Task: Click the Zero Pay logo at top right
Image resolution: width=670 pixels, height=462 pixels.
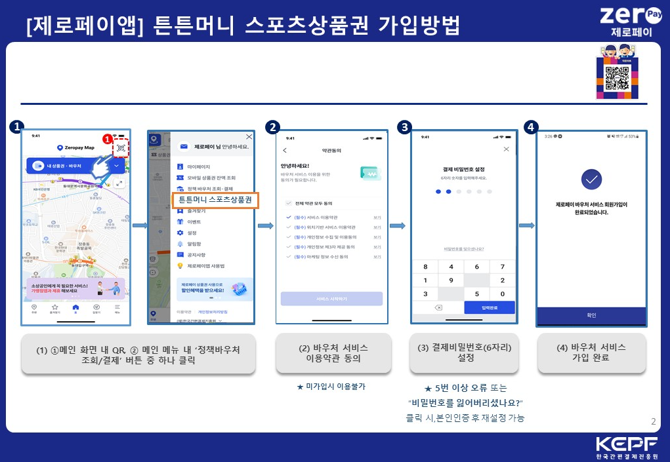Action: coord(626,20)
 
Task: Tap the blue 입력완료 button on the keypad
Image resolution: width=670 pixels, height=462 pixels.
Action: coord(489,308)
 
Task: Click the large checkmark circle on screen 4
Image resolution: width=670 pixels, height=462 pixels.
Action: coord(592,178)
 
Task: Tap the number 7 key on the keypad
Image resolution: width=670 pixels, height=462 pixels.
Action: coord(502,267)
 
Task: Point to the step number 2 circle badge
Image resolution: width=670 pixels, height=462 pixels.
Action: coord(275,126)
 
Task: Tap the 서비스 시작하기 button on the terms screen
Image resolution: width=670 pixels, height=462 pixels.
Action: coord(331,298)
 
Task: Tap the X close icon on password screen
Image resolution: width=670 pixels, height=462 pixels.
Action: coord(506,149)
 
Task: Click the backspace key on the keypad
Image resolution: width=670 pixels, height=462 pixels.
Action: coord(438,308)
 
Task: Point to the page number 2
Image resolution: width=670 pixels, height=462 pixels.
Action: coord(653,421)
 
